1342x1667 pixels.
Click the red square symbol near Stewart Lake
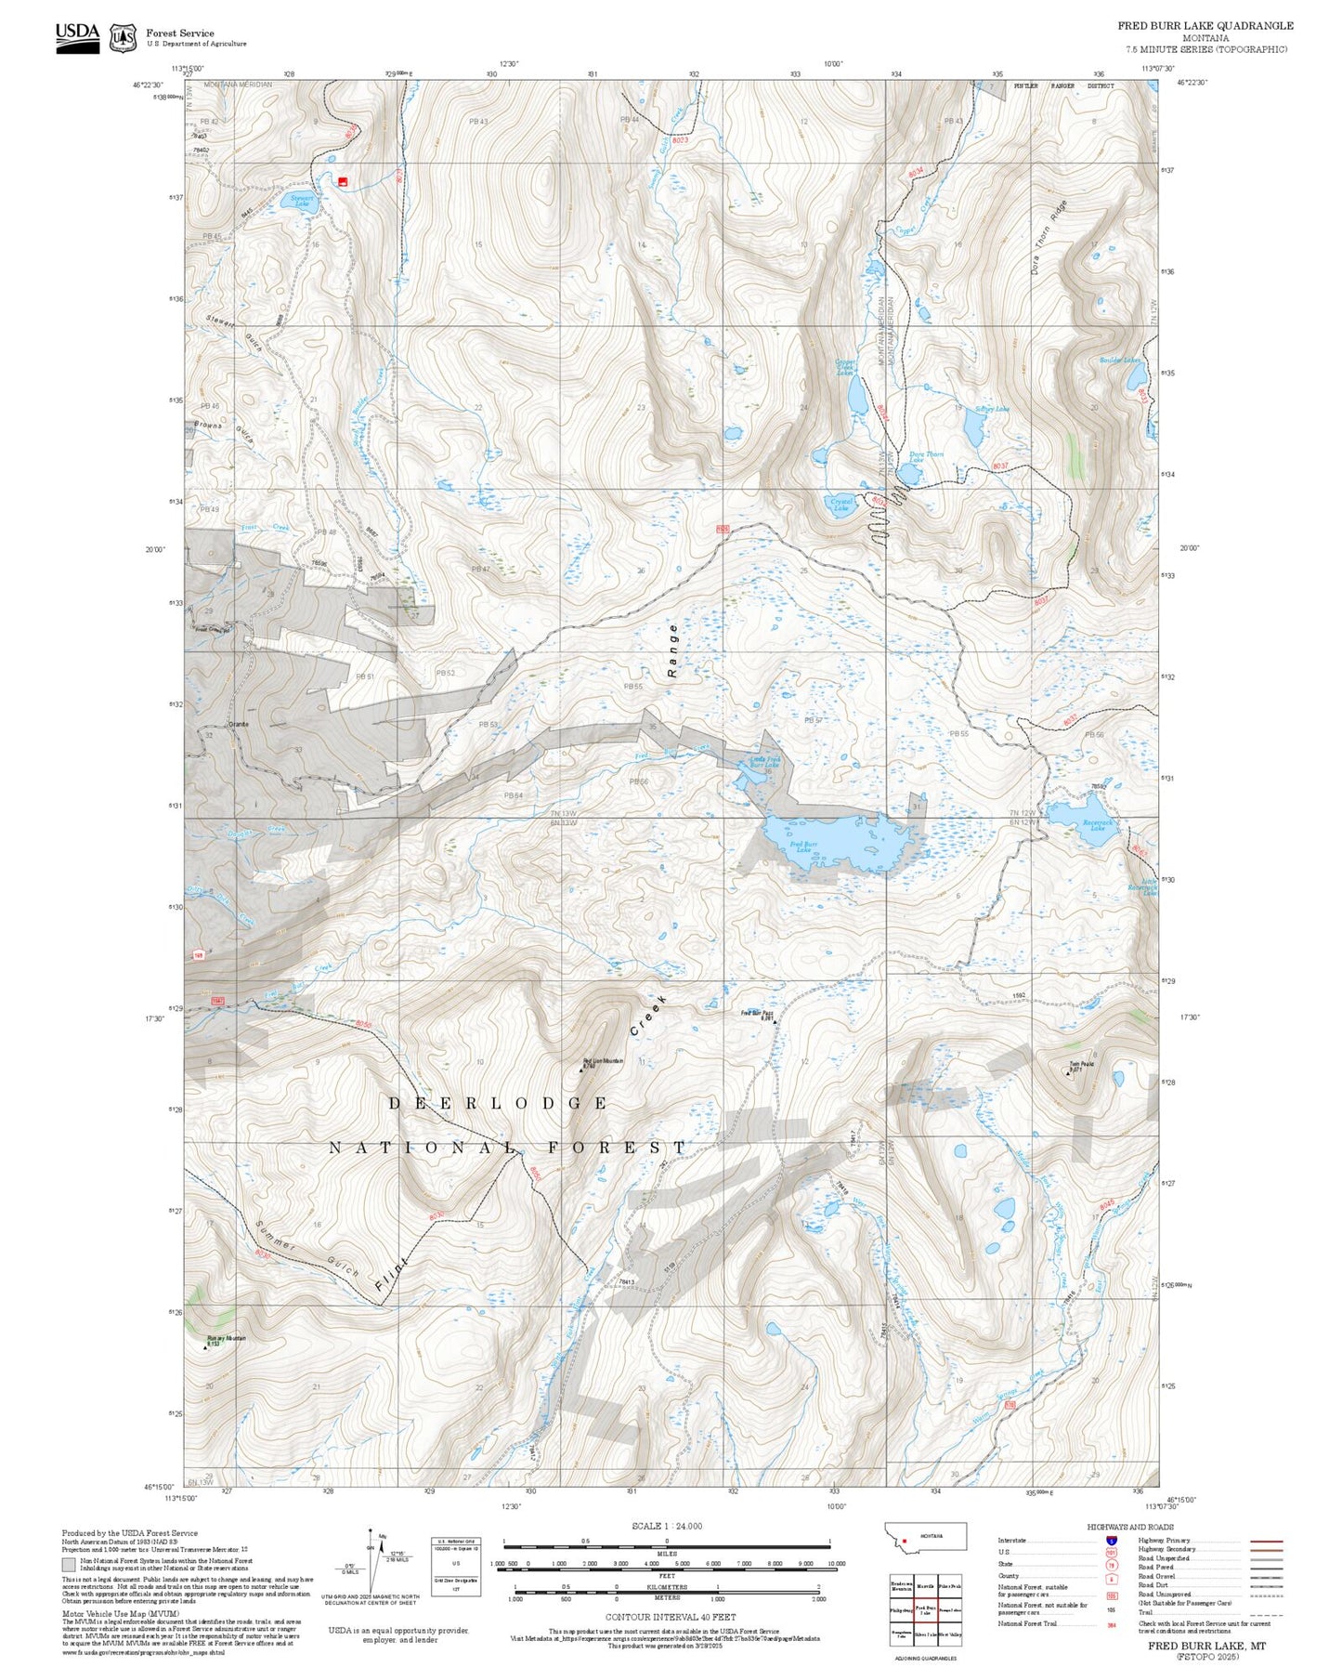(343, 181)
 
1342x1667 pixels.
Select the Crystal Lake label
(840, 505)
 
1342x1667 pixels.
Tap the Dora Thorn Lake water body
(909, 474)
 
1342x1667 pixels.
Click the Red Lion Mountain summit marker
(581, 1069)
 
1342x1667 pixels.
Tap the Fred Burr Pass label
(757, 1013)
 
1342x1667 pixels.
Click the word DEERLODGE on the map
(497, 1103)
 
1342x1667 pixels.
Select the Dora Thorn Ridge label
(1049, 237)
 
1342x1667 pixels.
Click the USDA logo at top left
(77, 37)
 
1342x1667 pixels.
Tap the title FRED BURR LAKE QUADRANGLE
(1205, 26)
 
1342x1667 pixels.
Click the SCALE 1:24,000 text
(666, 1526)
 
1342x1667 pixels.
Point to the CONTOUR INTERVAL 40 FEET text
(670, 1617)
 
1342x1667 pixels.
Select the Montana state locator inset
(926, 1536)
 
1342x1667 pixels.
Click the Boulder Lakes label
(1119, 361)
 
